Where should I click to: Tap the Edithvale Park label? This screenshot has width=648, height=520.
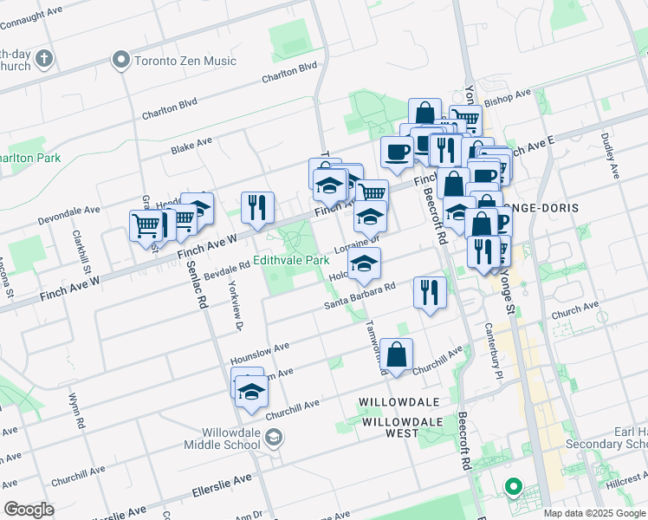(x=292, y=260)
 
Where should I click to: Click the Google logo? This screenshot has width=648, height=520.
(x=29, y=510)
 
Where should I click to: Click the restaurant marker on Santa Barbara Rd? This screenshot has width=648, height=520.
(x=430, y=293)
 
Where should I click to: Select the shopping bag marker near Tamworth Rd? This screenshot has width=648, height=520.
(x=396, y=355)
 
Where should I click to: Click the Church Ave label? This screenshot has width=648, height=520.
(x=574, y=309)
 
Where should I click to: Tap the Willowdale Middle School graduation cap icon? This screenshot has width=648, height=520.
(x=274, y=439)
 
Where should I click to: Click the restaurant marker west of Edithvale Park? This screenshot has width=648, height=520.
(x=257, y=208)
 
